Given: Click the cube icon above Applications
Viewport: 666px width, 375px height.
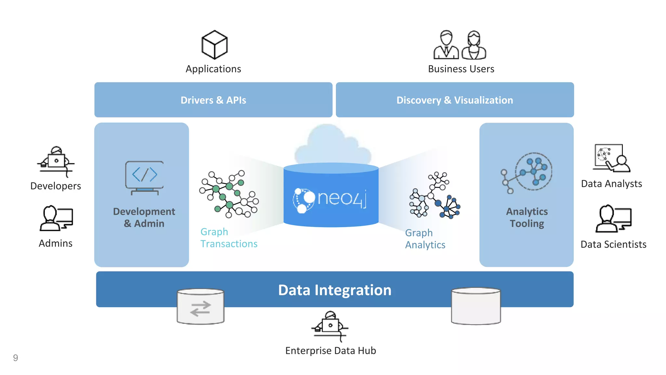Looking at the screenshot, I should pyautogui.click(x=214, y=45).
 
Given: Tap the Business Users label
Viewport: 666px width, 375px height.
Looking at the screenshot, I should pyautogui.click(x=461, y=69).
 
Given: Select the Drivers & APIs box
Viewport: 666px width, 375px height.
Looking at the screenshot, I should pyautogui.click(x=213, y=100).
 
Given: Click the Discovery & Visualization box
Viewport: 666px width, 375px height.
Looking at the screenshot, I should pyautogui.click(x=455, y=100).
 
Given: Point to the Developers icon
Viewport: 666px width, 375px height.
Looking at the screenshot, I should pyautogui.click(x=56, y=161).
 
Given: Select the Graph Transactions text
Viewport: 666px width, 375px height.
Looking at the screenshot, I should pyautogui.click(x=229, y=238).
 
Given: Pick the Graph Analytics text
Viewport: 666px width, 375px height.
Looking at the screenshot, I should pyautogui.click(x=425, y=239).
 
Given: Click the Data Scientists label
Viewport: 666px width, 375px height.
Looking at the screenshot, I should pyautogui.click(x=613, y=244).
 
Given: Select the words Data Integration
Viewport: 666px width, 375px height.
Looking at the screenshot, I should pyautogui.click(x=335, y=290).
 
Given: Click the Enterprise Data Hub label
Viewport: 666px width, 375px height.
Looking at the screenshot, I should pyautogui.click(x=330, y=351).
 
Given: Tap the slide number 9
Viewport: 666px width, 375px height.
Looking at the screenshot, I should pyautogui.click(x=15, y=358).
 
